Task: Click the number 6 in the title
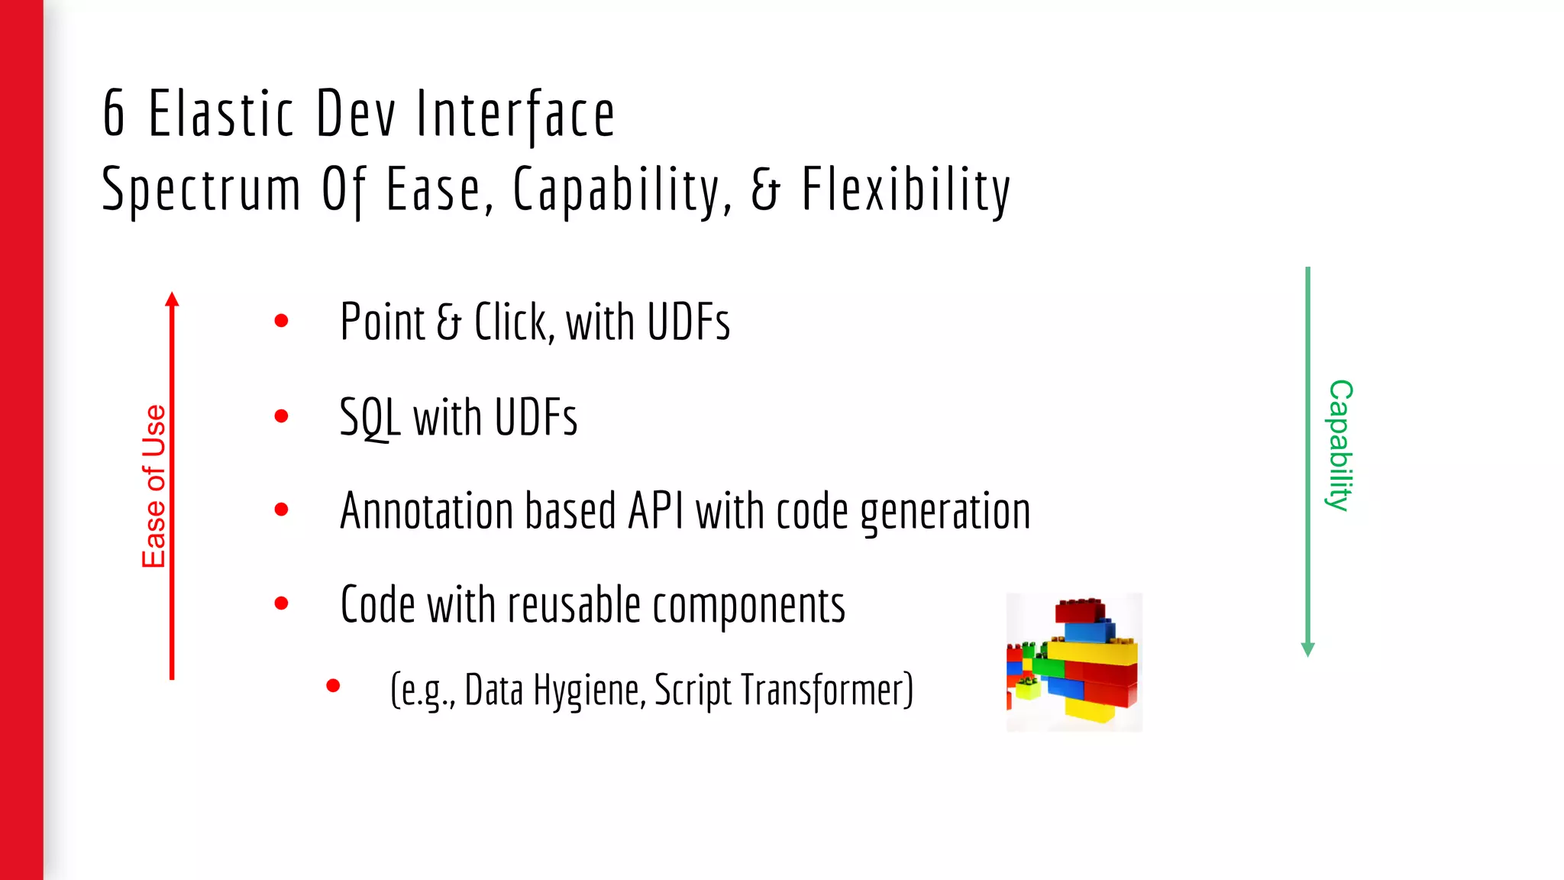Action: tap(114, 114)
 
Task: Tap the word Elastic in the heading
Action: tap(221, 114)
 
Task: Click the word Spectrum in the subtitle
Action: tap(202, 190)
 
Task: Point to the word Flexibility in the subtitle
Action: tap(906, 190)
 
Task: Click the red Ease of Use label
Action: tap(153, 487)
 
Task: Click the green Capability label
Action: tap(1339, 445)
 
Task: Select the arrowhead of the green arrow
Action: tap(1307, 649)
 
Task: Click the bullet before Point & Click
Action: tap(281, 321)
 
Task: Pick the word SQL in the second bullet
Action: tap(370, 418)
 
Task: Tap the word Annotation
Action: tap(425, 511)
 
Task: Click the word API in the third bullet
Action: tap(655, 511)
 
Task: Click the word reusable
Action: tap(574, 606)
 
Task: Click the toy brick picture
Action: tap(1074, 662)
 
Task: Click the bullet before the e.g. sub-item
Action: tap(333, 686)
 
